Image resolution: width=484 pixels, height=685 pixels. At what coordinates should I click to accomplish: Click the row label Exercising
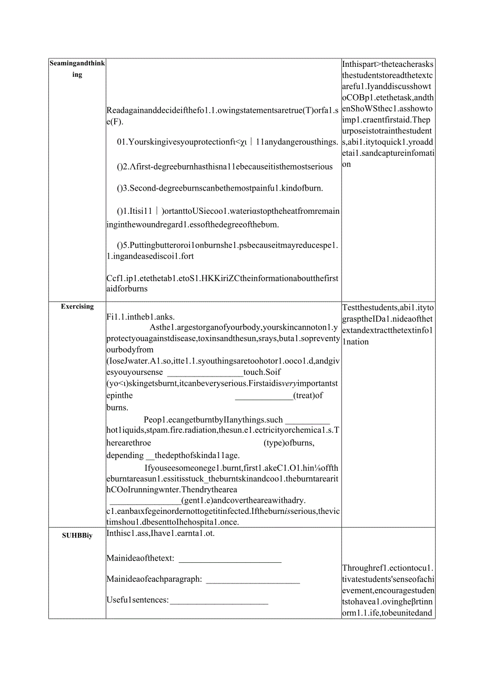click(77, 306)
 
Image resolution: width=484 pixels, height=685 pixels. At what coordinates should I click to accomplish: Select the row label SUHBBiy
click(77, 535)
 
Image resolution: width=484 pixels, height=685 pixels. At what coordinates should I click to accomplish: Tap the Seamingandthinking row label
click(77, 69)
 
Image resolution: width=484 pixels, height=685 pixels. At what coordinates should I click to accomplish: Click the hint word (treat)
click(308, 395)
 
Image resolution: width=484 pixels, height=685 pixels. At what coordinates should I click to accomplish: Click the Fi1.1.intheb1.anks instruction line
click(140, 316)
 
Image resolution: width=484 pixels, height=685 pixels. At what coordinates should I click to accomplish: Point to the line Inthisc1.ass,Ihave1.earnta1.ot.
click(160, 533)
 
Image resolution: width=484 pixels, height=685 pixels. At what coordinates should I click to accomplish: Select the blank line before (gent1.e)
click(144, 501)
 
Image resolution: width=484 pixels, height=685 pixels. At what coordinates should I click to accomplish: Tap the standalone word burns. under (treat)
click(117, 408)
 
